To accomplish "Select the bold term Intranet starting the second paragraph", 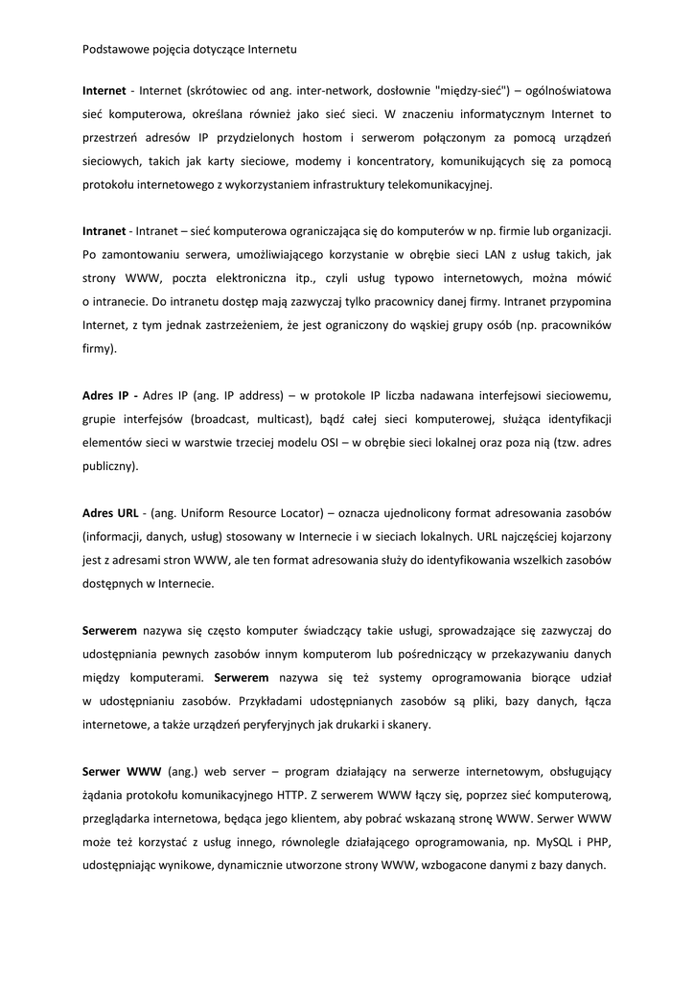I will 104,231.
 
